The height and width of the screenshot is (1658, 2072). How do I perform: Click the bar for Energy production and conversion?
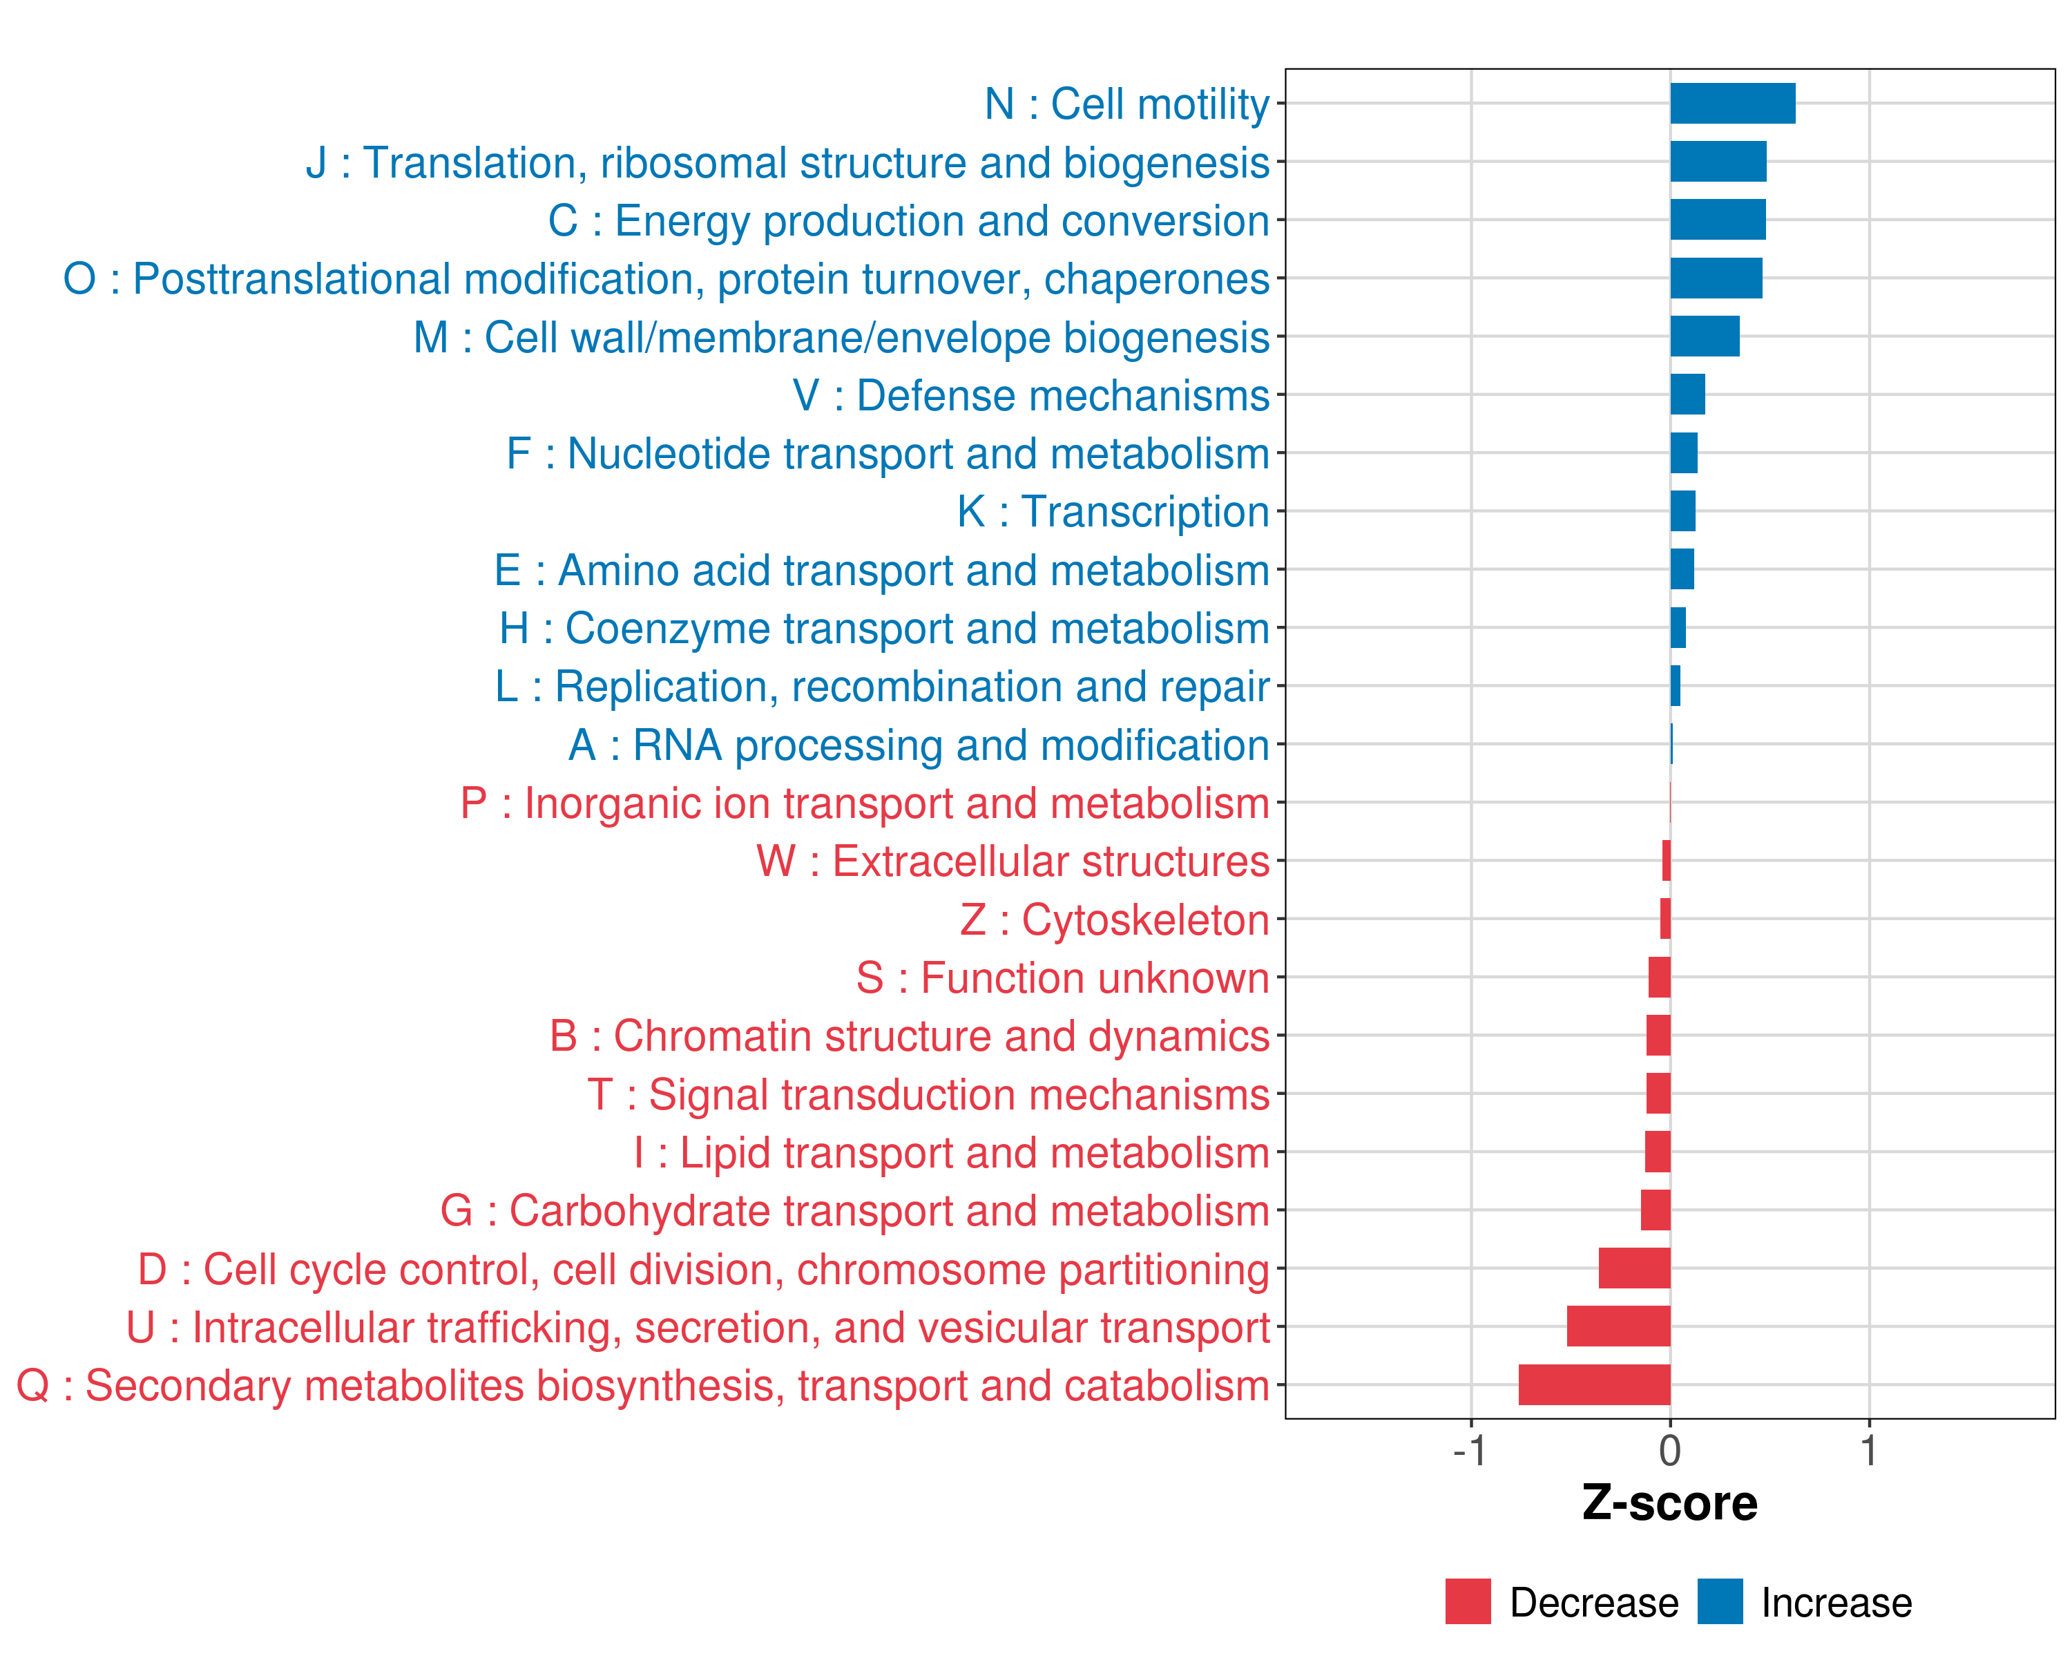tap(1718, 220)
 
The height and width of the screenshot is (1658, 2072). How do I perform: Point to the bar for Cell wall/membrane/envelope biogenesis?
tap(1704, 336)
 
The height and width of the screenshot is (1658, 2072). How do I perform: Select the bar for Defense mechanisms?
tap(1687, 395)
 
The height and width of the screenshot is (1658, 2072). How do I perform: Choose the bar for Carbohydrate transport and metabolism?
tap(1655, 1210)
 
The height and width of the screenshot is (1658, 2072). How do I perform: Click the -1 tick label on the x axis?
tap(1470, 1451)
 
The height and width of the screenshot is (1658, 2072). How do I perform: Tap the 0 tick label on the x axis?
tap(1670, 1451)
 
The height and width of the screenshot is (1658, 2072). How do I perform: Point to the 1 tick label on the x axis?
tap(1869, 1451)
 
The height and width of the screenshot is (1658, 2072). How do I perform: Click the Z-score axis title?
tap(1670, 1503)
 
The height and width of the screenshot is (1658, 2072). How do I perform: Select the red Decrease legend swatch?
tap(1468, 1601)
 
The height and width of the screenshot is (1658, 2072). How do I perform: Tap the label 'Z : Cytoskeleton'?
tap(1115, 919)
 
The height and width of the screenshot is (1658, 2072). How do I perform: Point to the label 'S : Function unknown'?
tap(1063, 978)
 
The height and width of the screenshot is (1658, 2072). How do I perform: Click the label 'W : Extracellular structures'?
tap(1013, 862)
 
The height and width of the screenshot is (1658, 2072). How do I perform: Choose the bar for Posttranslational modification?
tap(1716, 278)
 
